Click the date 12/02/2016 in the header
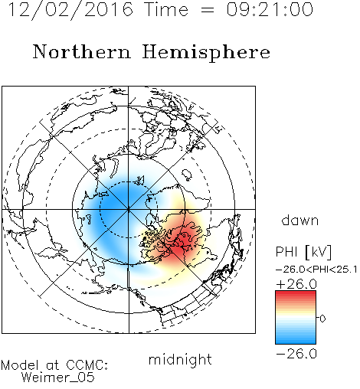click(x=70, y=10)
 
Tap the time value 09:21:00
click(x=270, y=10)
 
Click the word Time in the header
click(x=166, y=10)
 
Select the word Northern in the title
click(x=82, y=52)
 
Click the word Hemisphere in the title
click(x=206, y=53)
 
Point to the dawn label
click(x=300, y=220)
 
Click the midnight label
click(x=180, y=360)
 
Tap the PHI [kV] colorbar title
click(x=303, y=252)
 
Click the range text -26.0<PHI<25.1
click(x=316, y=270)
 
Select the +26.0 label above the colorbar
click(x=296, y=284)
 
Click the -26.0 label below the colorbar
click(x=296, y=354)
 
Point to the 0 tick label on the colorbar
click(x=322, y=319)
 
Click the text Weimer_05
click(x=58, y=378)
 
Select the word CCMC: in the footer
click(x=87, y=365)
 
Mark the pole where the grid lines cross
click(x=129, y=209)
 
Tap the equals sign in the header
click(x=208, y=10)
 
